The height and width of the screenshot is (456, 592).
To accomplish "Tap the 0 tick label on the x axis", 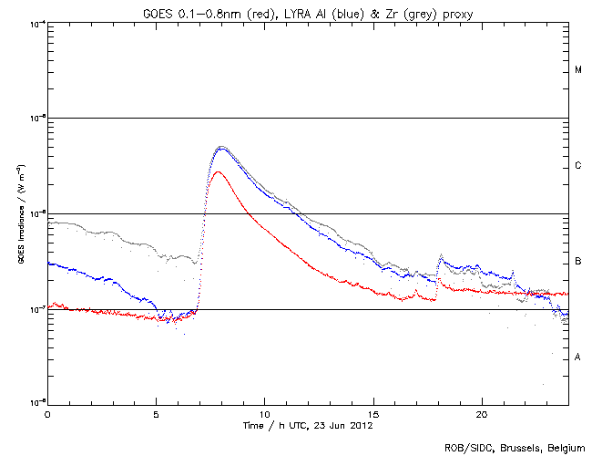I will click(x=47, y=414).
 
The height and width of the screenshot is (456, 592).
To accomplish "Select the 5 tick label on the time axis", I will click(x=156, y=414).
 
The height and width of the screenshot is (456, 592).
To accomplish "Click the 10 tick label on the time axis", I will click(x=264, y=414).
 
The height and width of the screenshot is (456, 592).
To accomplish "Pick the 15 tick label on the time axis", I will click(x=373, y=414).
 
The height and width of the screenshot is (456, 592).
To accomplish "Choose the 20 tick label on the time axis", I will click(x=481, y=414).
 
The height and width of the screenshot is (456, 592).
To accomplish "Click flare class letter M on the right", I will click(x=578, y=70).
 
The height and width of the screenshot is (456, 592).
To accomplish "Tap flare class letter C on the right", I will click(x=578, y=166).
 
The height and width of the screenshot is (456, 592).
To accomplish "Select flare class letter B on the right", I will click(x=578, y=262).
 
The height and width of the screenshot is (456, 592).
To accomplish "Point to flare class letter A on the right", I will click(x=578, y=358).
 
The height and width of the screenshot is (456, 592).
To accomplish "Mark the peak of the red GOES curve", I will click(x=216, y=171).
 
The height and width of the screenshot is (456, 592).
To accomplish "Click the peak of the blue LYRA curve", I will click(x=220, y=149).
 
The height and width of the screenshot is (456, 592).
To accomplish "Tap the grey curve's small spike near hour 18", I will click(x=442, y=255).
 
